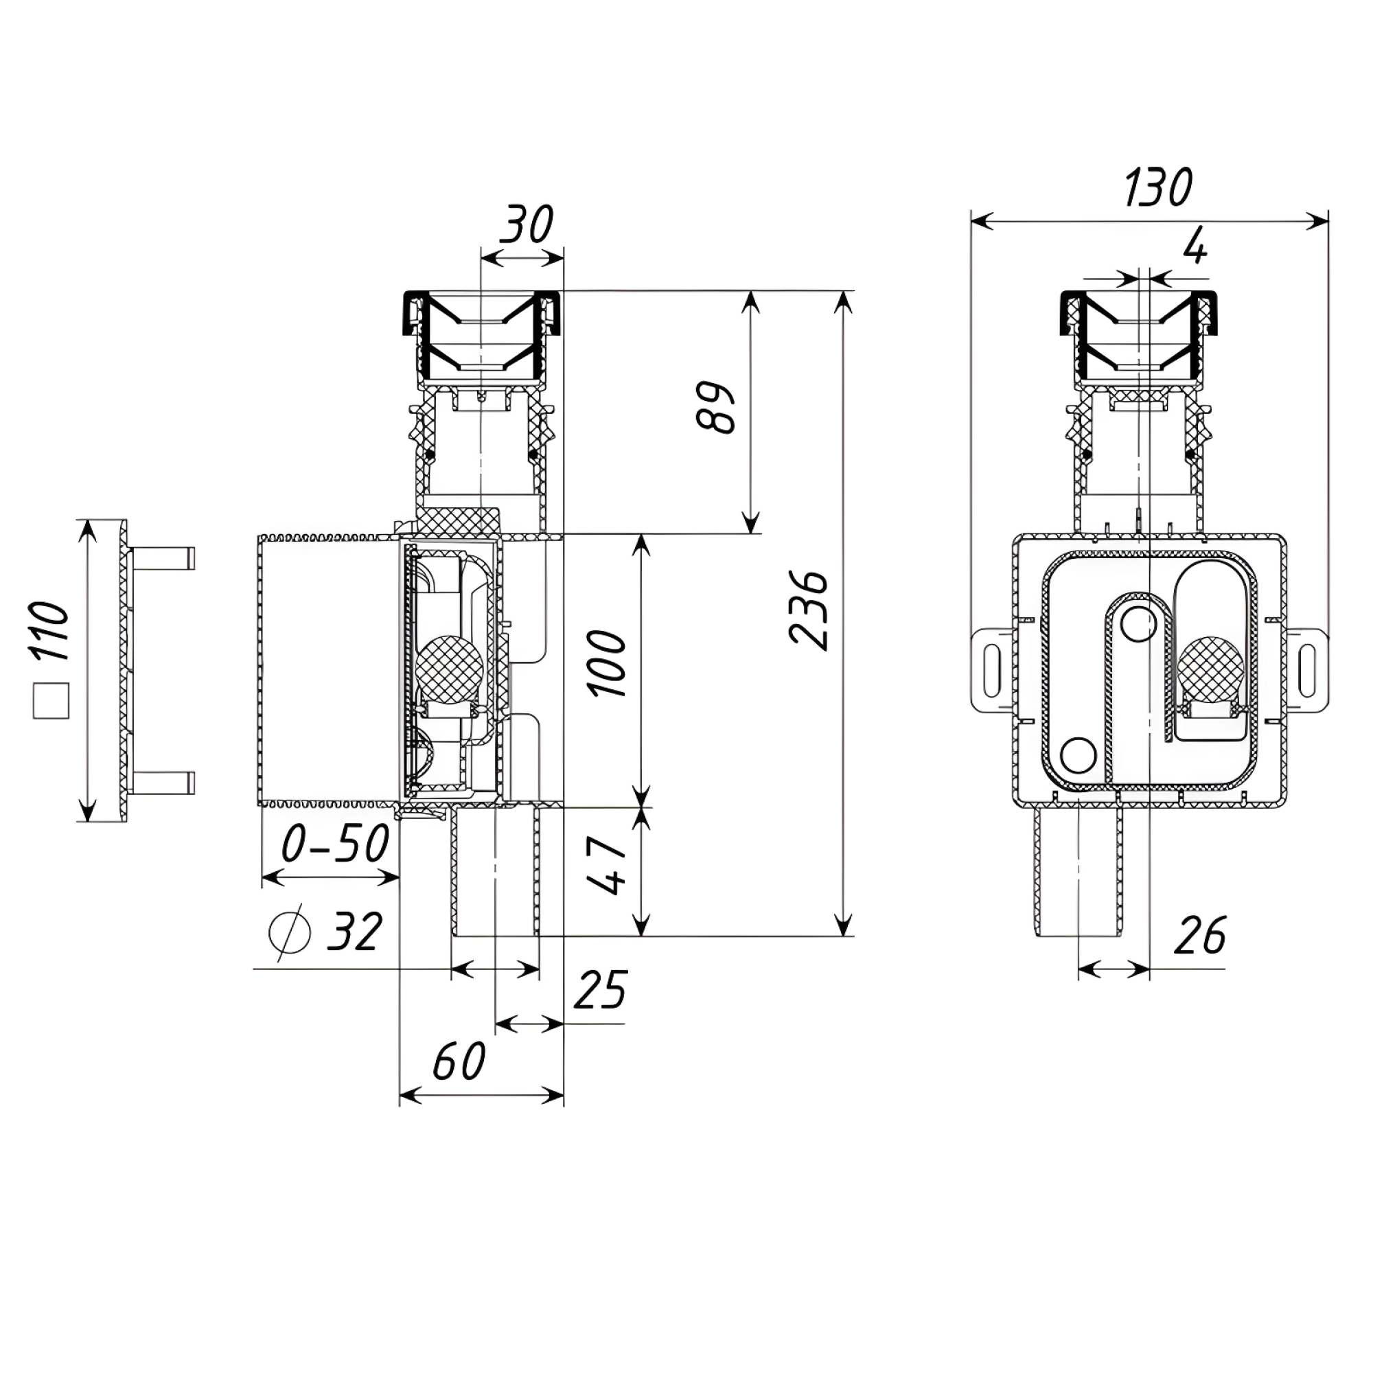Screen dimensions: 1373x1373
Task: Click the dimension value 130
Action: coord(1157,187)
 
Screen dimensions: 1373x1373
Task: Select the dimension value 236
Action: coord(809,610)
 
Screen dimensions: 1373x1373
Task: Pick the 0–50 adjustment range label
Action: coord(336,844)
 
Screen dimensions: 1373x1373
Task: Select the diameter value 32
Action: coord(355,931)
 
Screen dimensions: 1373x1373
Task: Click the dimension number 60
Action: coord(459,1062)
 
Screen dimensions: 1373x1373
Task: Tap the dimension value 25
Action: coord(601,989)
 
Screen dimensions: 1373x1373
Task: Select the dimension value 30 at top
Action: coord(526,224)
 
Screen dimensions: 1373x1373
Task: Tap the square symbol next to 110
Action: coord(51,702)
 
